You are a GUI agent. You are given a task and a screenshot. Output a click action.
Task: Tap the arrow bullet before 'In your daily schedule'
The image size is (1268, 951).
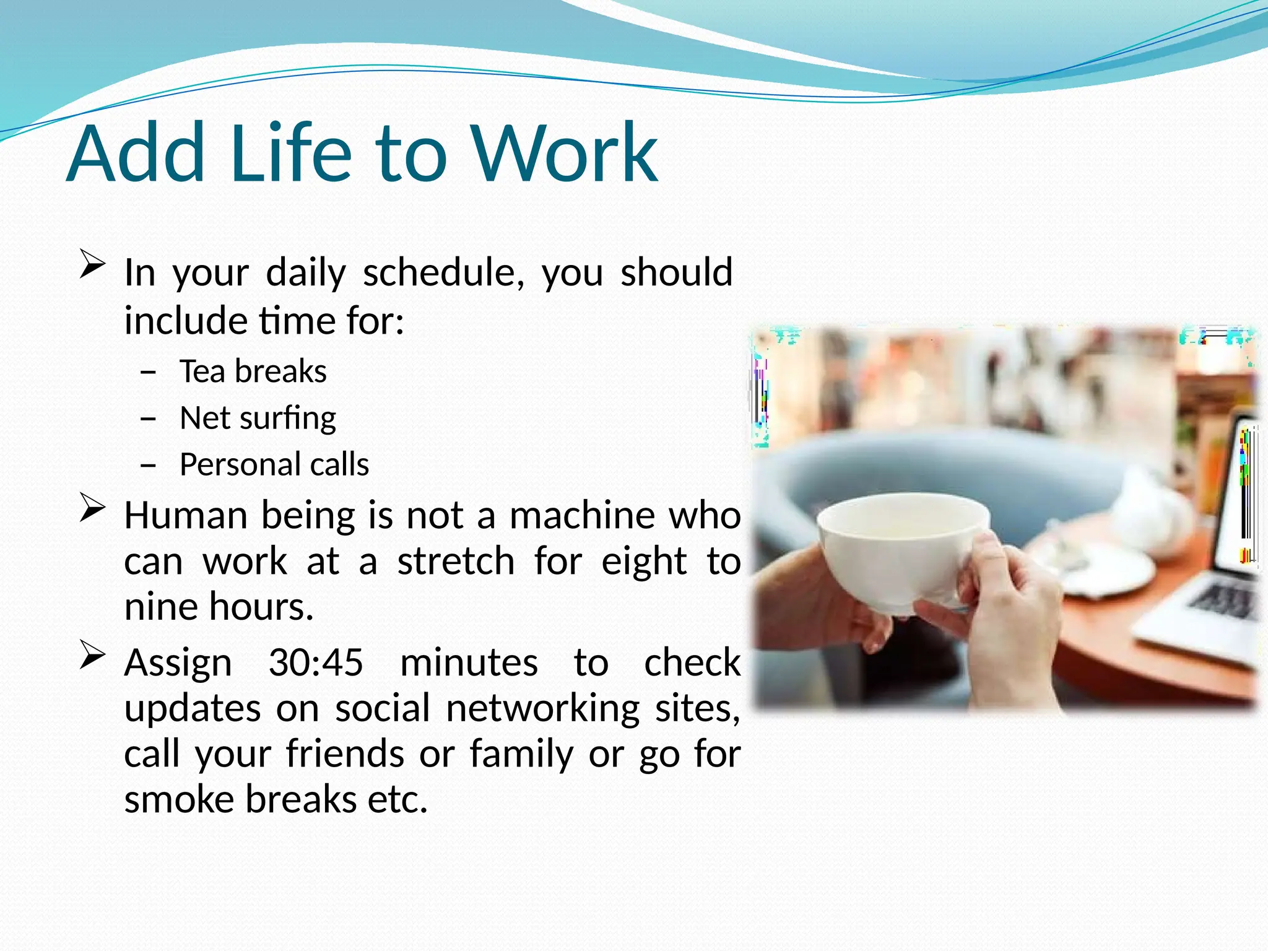tap(92, 264)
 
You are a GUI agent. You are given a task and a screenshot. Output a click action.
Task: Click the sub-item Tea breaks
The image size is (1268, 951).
tap(253, 371)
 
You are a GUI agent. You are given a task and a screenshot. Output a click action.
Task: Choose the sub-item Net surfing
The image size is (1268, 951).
tap(258, 418)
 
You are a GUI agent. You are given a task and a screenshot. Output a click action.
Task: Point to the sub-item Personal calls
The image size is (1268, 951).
tap(274, 464)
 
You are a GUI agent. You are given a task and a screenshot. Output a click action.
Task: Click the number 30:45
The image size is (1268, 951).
tap(316, 662)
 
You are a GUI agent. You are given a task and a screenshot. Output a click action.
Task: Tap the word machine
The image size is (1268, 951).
tap(581, 515)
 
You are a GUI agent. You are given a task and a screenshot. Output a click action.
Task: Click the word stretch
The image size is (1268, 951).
tap(456, 561)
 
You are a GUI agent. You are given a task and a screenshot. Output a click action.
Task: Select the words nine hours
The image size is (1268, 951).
tap(219, 606)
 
